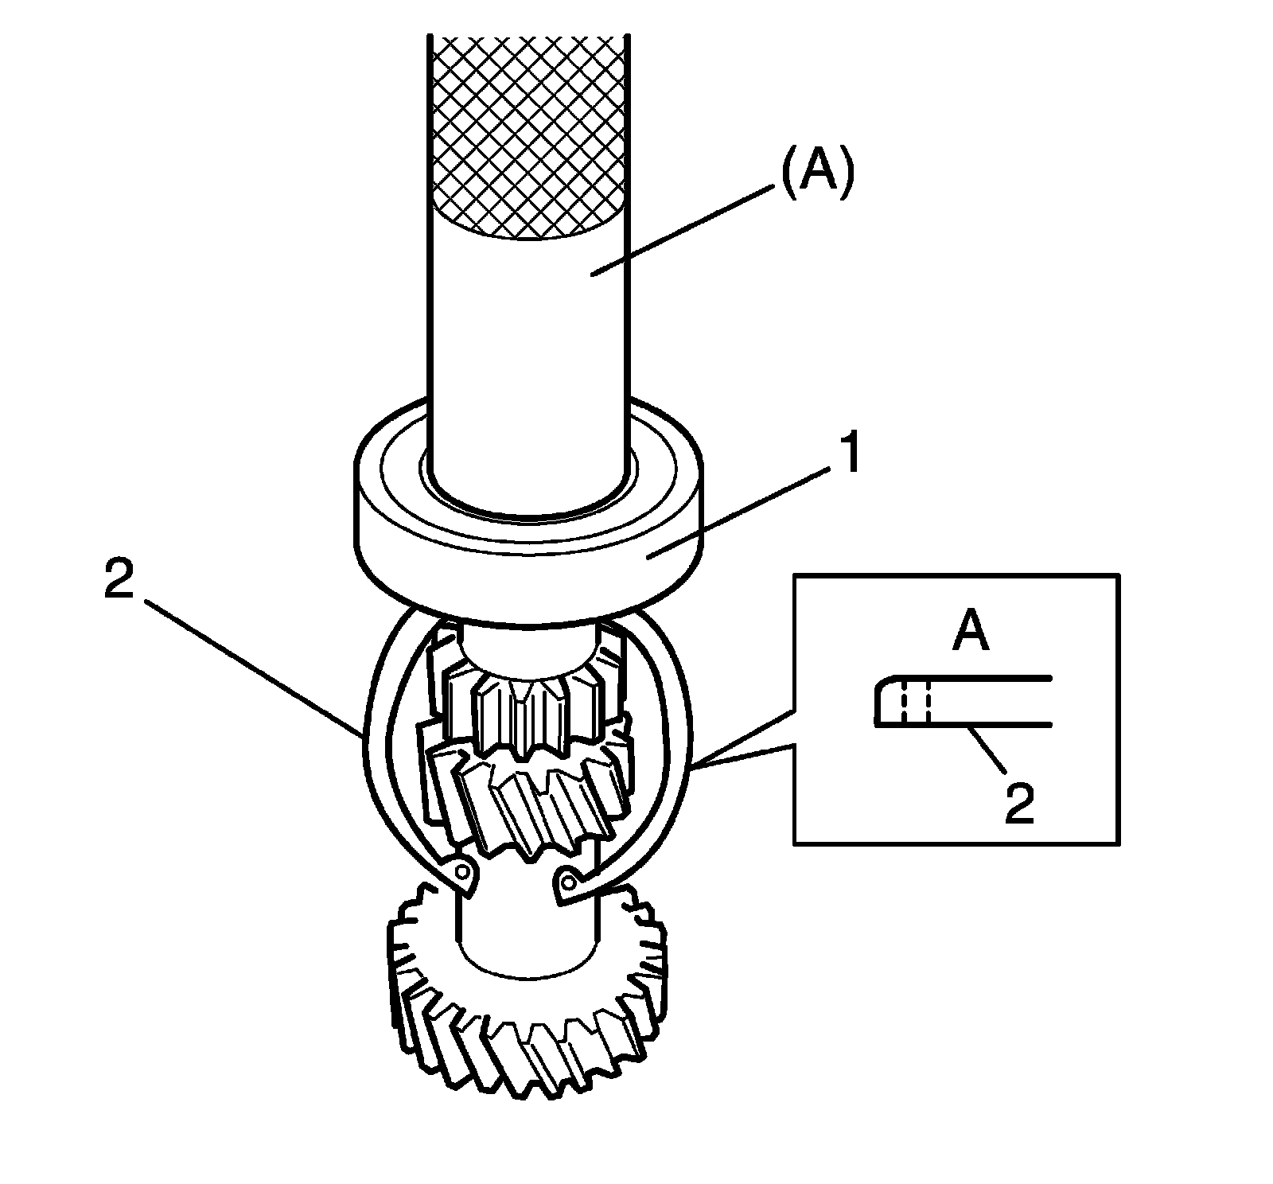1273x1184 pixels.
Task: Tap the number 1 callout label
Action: tap(850, 456)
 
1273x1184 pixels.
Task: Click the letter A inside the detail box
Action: tap(971, 635)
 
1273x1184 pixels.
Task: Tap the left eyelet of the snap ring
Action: tap(462, 873)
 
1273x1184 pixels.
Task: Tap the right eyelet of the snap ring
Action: tap(568, 881)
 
